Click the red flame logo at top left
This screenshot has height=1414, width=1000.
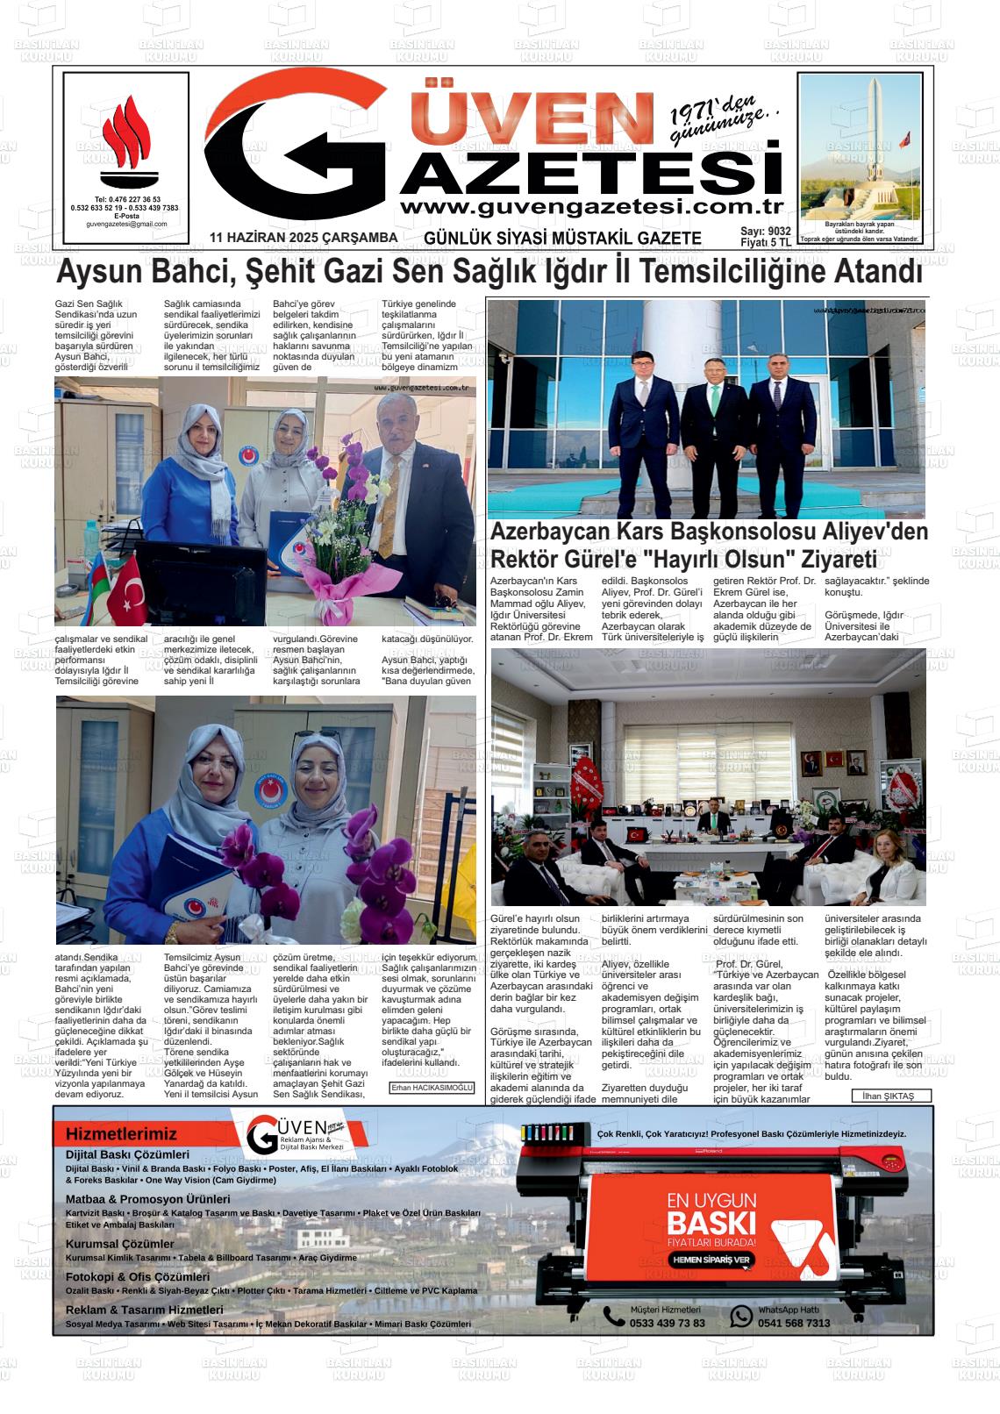[x=125, y=141]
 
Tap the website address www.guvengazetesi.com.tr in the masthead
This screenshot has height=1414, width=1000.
[x=590, y=207]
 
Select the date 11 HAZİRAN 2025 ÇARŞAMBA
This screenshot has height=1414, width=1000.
[x=304, y=238]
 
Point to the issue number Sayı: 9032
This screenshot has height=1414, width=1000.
[x=766, y=231]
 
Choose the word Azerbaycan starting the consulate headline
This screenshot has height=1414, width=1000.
[x=545, y=532]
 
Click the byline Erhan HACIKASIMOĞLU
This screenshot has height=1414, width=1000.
[x=432, y=1088]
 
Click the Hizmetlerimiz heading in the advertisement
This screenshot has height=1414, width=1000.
[x=121, y=1134]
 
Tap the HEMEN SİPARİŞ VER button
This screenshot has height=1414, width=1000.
[x=712, y=1260]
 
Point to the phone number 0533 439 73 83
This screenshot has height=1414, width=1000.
[x=667, y=1323]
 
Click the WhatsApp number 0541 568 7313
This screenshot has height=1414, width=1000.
[x=794, y=1323]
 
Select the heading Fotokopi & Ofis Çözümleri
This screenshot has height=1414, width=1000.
[x=138, y=1277]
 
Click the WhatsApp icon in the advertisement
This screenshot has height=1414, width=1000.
[x=741, y=1316]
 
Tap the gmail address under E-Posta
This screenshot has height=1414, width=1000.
[x=125, y=224]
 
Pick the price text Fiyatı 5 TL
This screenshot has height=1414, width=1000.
[x=765, y=242]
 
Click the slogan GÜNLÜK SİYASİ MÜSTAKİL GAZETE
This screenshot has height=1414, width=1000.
[x=562, y=239]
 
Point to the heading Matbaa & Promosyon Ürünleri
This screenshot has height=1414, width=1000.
[x=147, y=1199]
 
